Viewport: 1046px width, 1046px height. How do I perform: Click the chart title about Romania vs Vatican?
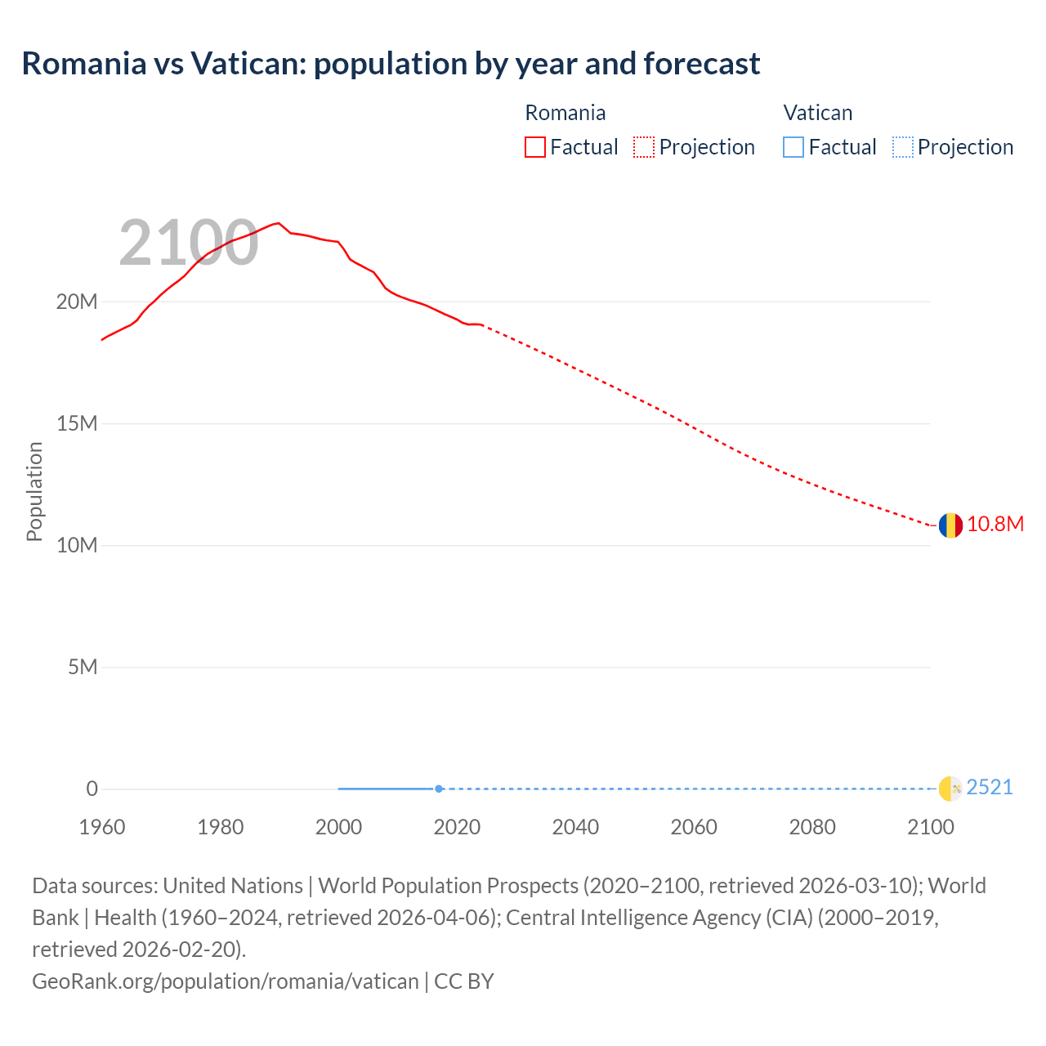pos(391,64)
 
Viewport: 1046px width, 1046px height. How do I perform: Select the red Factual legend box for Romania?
pos(534,147)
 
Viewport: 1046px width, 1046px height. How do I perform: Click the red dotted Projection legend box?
pos(644,147)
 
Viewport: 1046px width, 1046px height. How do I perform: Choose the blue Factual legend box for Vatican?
pos(793,147)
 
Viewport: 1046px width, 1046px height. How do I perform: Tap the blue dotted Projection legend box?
pos(902,147)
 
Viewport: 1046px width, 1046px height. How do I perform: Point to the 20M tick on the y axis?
pos(77,302)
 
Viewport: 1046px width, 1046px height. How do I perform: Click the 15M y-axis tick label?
pos(77,423)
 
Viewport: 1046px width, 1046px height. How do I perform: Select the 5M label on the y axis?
pos(83,667)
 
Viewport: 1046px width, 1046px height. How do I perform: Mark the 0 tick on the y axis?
pos(92,789)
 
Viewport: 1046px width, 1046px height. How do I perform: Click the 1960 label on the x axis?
pos(102,827)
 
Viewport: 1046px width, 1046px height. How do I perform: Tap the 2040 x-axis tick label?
pos(575,827)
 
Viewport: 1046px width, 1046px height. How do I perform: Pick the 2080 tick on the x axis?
pos(812,827)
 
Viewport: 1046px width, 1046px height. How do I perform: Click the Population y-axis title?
pos(34,491)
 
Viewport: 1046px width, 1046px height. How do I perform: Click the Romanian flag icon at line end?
pos(950,525)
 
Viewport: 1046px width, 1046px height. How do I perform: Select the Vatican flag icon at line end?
pos(950,789)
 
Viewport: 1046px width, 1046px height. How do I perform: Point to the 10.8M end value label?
pos(995,524)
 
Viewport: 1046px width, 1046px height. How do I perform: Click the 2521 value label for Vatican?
pos(989,787)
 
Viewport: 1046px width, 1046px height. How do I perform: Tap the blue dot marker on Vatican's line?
pos(439,789)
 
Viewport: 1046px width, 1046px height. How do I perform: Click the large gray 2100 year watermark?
pos(189,243)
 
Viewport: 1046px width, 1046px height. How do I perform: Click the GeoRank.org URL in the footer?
pos(226,981)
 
